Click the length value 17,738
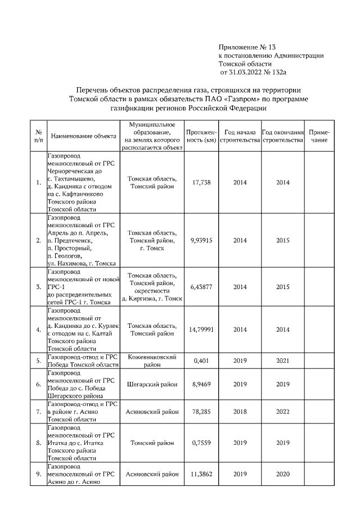point(201,182)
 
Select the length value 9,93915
point(201,240)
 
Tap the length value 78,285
point(201,411)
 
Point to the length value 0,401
point(201,361)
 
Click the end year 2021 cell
point(283,361)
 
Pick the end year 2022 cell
point(283,411)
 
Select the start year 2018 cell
point(240,411)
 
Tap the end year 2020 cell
point(283,474)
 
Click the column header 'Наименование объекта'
point(83,136)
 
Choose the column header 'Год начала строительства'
point(240,136)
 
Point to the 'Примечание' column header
point(319,136)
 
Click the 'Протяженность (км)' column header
point(201,136)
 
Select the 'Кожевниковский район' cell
point(152,361)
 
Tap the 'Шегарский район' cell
point(152,384)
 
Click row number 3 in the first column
point(38,287)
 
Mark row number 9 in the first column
point(38,474)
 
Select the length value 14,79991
point(201,330)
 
